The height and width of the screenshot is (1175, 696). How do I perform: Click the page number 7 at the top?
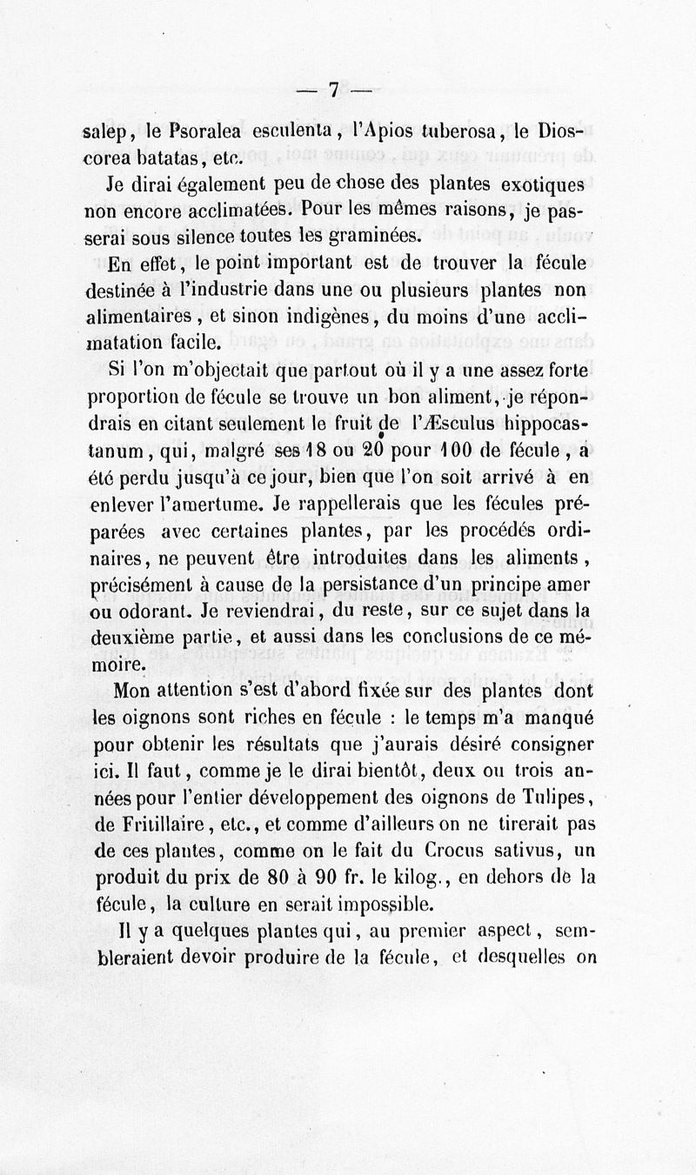[334, 90]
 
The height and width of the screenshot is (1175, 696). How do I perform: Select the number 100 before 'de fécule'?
[449, 453]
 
